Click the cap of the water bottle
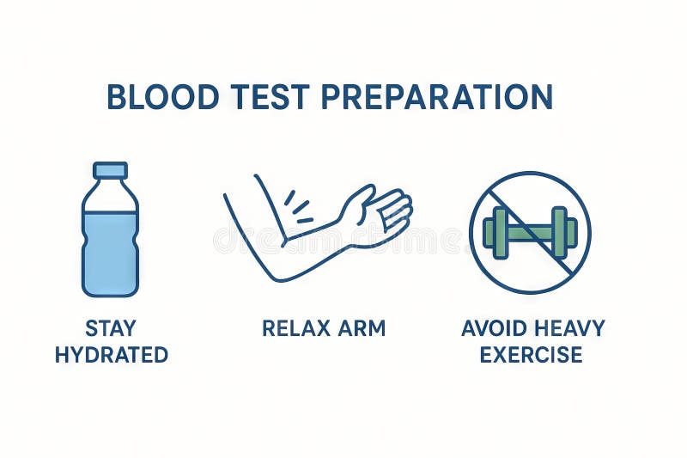click(x=110, y=170)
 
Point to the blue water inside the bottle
click(x=110, y=253)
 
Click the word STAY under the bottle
click(x=111, y=328)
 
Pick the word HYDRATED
click(x=111, y=354)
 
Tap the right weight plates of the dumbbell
click(x=563, y=232)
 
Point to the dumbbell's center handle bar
click(x=529, y=232)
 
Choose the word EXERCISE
click(x=532, y=354)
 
